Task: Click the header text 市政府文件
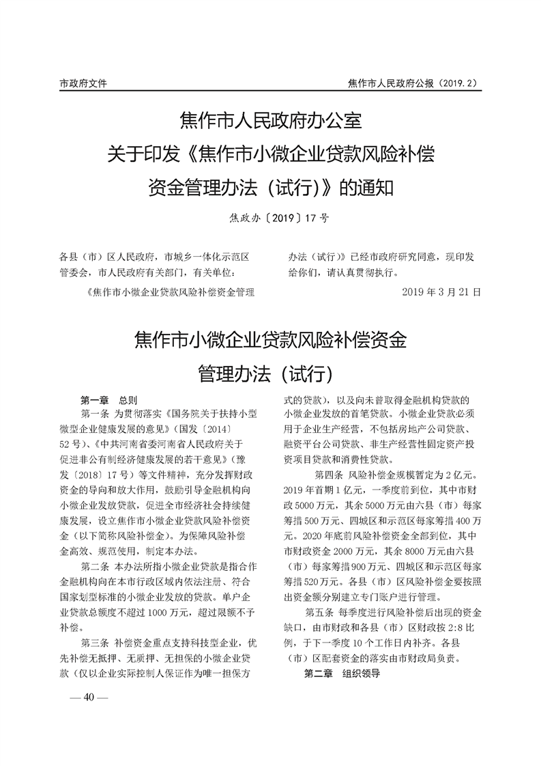(83, 83)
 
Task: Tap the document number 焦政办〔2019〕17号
(271, 218)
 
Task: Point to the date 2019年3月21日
(441, 292)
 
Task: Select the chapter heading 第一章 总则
(109, 399)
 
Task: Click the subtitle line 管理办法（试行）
(270, 373)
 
